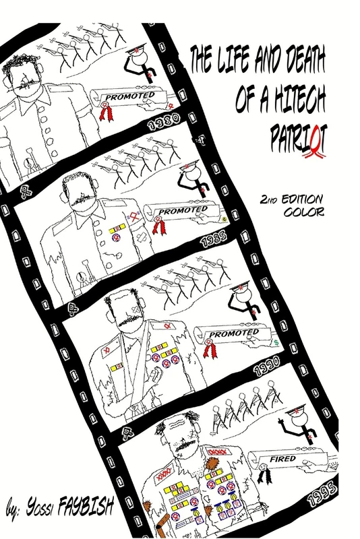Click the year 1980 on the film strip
tap(164, 122)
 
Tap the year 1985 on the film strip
tap(214, 240)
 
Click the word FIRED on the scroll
tap(282, 459)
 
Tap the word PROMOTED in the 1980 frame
tap(130, 96)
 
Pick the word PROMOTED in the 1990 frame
tap(234, 334)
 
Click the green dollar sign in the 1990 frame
tap(276, 343)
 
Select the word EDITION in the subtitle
tap(302, 199)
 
